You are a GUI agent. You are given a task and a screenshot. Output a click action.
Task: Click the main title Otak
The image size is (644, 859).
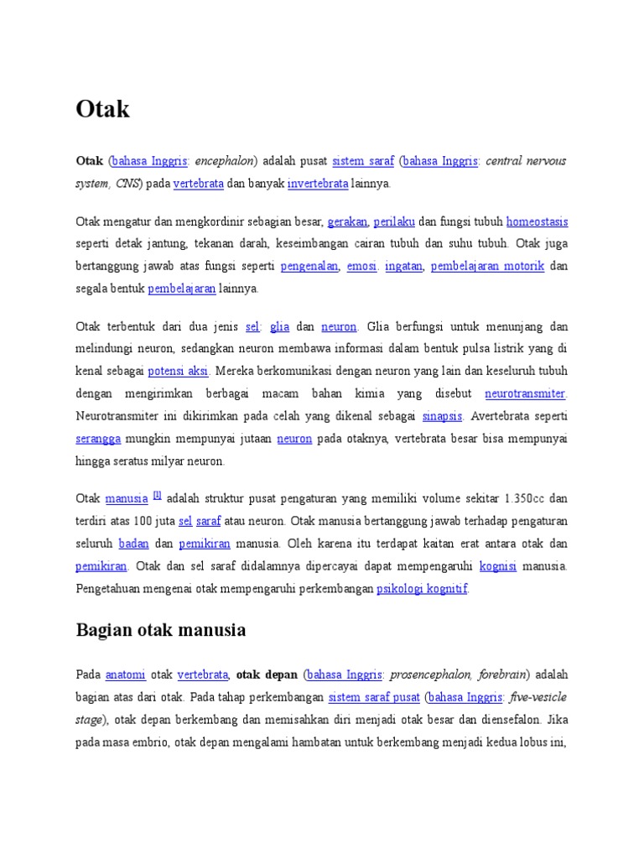102,109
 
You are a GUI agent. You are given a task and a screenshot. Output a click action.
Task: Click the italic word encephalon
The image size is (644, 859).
223,161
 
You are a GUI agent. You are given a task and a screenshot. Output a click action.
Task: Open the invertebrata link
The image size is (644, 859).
318,183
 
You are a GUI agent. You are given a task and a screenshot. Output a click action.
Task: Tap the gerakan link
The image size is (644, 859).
347,222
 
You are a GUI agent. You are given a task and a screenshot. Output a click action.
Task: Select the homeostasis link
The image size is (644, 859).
538,222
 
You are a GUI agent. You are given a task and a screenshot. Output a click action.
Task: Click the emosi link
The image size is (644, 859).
361,266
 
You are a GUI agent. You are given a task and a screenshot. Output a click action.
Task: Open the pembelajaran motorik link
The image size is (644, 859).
487,266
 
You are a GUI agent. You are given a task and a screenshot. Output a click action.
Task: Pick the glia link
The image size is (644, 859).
279,326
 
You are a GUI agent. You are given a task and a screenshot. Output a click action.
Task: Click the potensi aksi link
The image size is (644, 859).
178,371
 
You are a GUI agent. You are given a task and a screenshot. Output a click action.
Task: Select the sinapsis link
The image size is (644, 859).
442,415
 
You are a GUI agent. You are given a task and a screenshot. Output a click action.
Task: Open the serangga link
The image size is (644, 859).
99,438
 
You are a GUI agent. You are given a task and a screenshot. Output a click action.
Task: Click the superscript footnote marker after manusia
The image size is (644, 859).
157,495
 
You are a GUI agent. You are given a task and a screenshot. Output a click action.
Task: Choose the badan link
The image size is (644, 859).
133,543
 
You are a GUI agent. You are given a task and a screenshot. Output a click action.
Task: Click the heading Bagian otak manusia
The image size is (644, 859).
161,629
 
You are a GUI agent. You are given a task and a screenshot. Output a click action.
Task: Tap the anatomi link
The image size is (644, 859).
126,674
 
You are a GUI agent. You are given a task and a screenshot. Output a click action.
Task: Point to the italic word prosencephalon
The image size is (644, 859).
433,674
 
